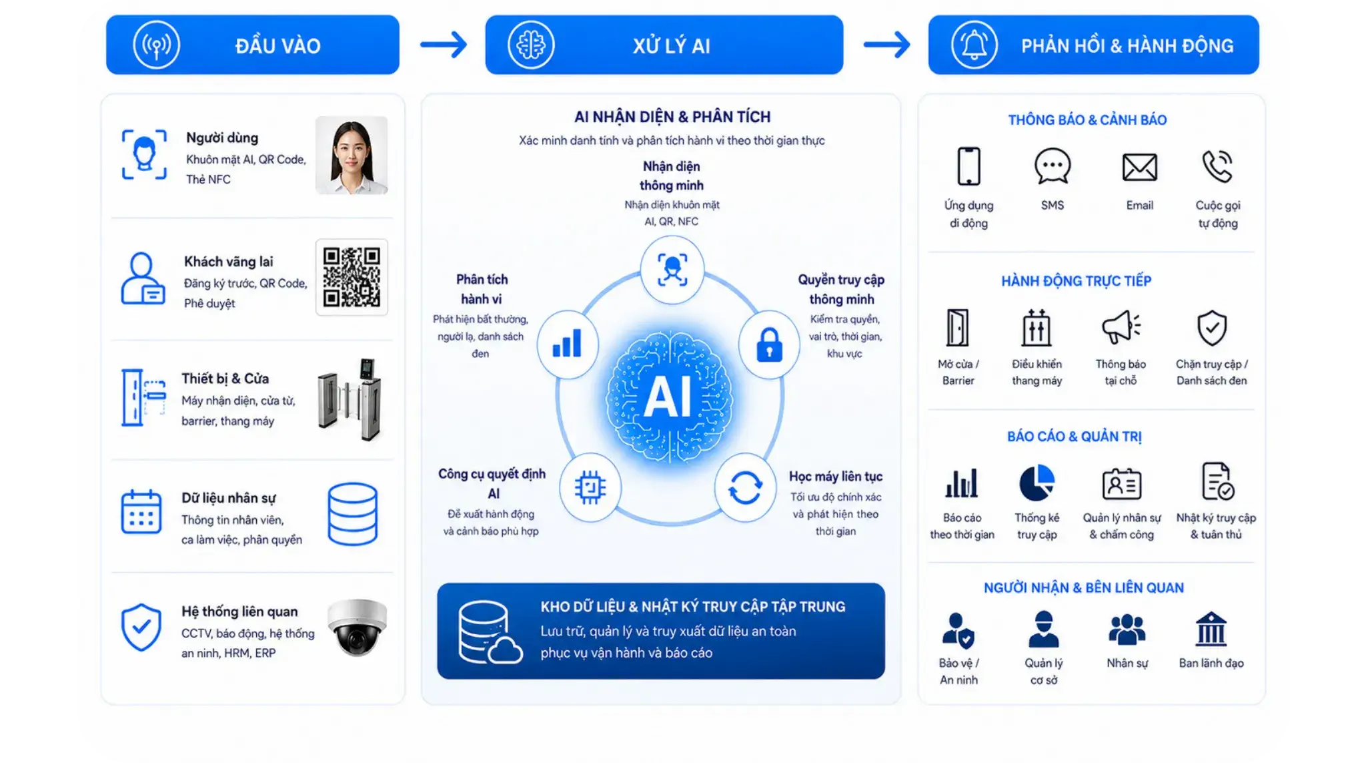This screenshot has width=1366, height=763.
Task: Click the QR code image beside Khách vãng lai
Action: (x=352, y=277)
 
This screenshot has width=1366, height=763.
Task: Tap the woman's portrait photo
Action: (x=352, y=155)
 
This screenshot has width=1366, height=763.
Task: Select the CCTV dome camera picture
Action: (x=357, y=627)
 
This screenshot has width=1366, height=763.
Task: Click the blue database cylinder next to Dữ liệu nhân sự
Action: (x=353, y=514)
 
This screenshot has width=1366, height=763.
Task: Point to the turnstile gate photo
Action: (x=350, y=399)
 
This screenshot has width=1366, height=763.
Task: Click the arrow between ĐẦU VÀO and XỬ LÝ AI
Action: (x=444, y=45)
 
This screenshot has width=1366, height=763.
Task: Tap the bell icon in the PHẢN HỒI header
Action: (x=974, y=45)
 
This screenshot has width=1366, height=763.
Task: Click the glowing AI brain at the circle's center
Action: (x=669, y=397)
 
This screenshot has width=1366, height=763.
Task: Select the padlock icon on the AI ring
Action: (x=769, y=344)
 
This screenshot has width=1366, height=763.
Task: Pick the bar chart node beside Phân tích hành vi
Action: (x=568, y=344)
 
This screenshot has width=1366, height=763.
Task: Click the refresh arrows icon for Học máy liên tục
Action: (x=745, y=487)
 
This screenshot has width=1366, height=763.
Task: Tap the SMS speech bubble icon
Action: (x=1053, y=166)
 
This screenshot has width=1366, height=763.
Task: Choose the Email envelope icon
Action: (x=1139, y=167)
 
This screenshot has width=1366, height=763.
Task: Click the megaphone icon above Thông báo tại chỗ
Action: (x=1121, y=327)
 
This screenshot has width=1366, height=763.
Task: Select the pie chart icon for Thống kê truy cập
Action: (x=1037, y=483)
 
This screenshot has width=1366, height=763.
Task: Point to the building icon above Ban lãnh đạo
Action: (x=1211, y=629)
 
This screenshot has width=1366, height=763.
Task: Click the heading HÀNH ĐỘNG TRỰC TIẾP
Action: (x=1076, y=281)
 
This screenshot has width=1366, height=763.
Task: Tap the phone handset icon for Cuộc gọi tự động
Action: (x=1217, y=166)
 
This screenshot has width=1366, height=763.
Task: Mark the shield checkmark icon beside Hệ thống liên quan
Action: (x=141, y=627)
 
